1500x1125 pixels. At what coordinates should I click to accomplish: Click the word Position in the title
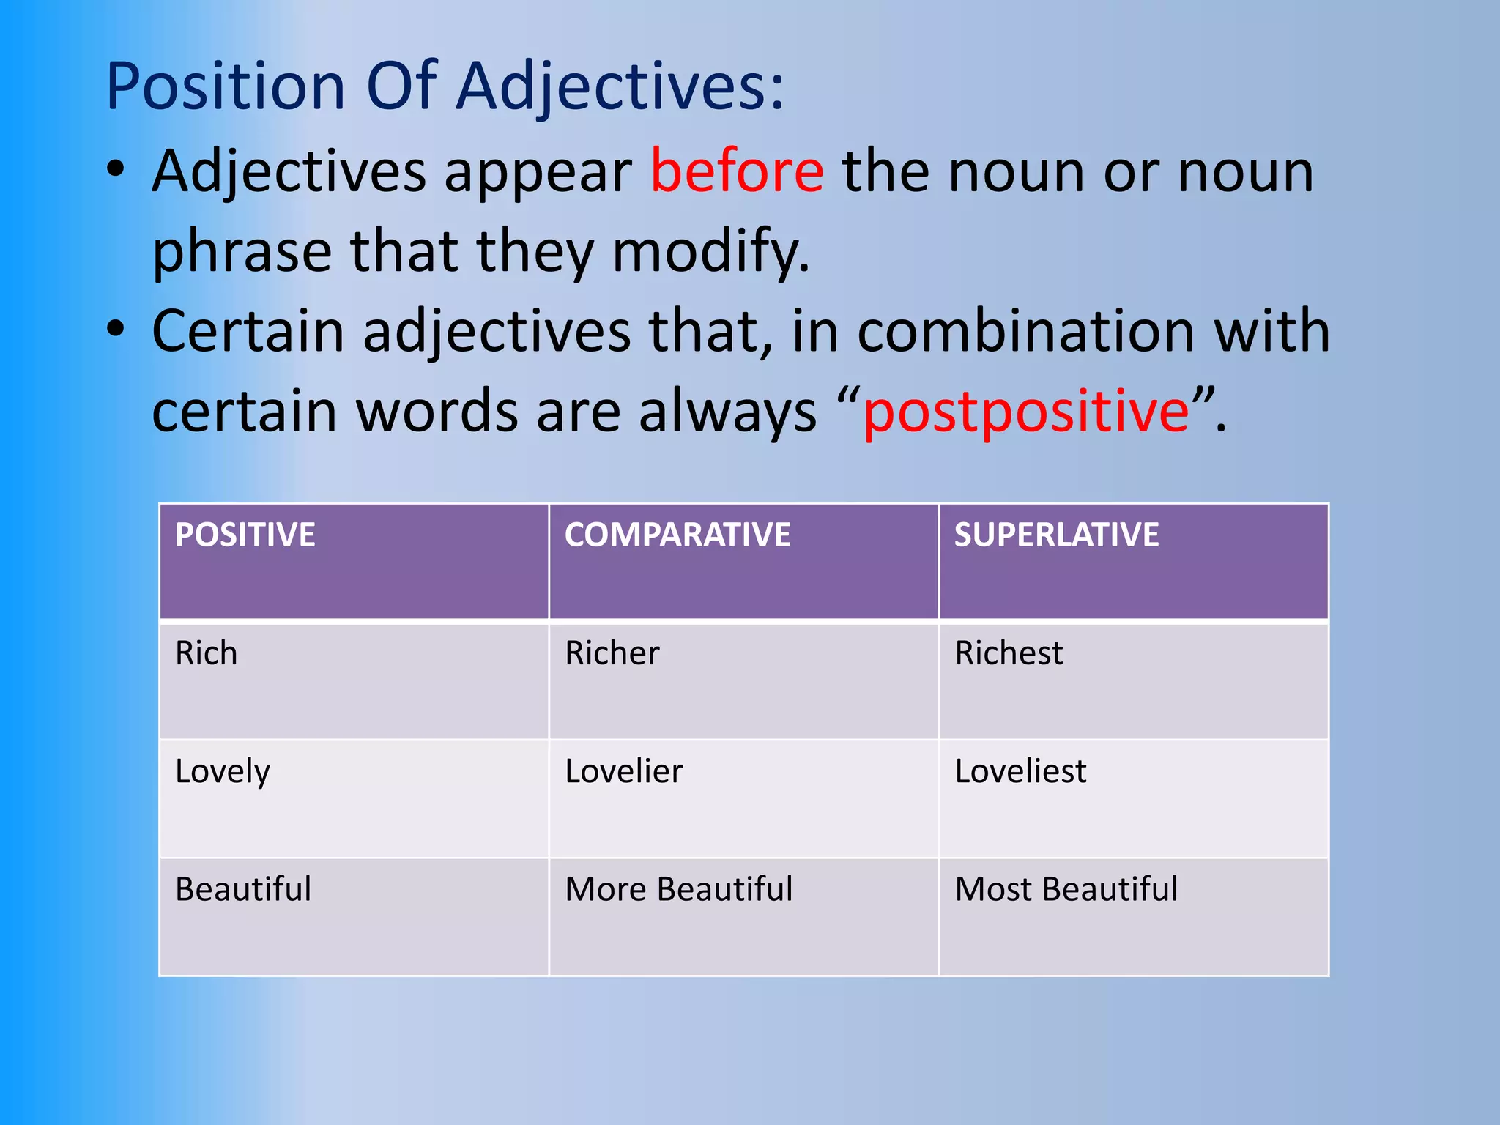pyautogui.click(x=225, y=86)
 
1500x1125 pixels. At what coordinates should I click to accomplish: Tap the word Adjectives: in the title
pyautogui.click(x=620, y=86)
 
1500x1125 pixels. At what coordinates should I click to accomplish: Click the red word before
pyautogui.click(x=737, y=172)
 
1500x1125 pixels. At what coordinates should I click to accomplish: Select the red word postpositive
pyautogui.click(x=1026, y=412)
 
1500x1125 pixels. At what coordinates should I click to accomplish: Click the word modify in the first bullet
pyautogui.click(x=710, y=252)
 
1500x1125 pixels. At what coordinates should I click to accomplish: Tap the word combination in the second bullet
pyautogui.click(x=1026, y=332)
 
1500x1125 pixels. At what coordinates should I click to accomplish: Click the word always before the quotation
pyautogui.click(x=727, y=412)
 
